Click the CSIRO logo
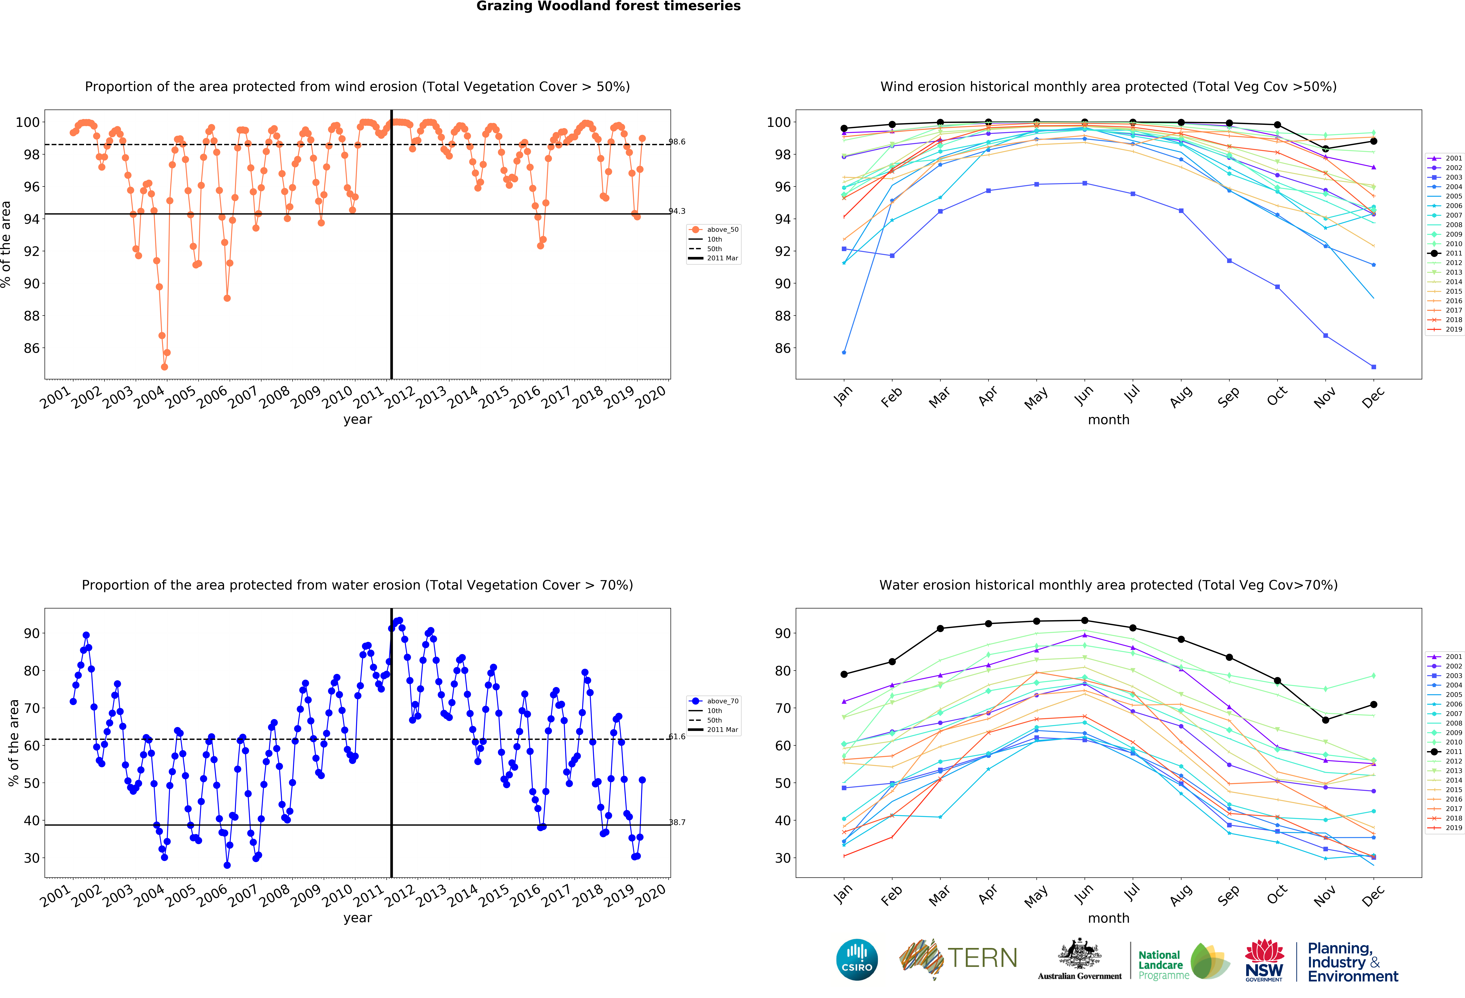pos(857,960)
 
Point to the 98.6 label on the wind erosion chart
pos(677,142)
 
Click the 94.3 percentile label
pos(677,211)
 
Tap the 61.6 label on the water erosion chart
pos(677,737)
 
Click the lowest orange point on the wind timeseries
pos(165,367)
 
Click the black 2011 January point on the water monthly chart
pos(844,674)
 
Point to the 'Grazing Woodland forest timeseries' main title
pos(608,6)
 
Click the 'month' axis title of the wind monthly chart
pos(1108,420)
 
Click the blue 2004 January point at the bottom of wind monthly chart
pos(844,352)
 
